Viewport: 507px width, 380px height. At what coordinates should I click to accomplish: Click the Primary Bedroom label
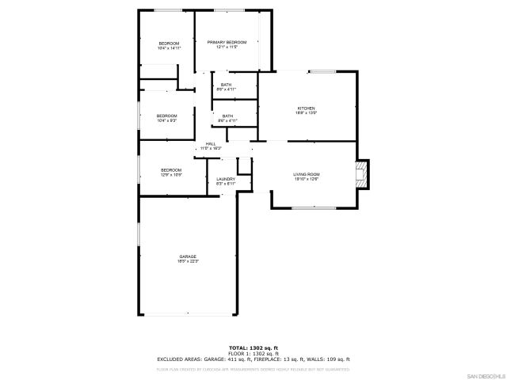click(227, 42)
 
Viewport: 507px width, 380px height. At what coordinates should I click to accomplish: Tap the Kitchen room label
click(307, 108)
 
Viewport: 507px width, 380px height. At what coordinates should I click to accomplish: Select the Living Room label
click(307, 174)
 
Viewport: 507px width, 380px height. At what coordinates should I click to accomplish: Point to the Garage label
click(188, 256)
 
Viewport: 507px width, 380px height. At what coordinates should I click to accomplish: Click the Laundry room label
click(226, 180)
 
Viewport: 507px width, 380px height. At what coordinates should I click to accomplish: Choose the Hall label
click(211, 143)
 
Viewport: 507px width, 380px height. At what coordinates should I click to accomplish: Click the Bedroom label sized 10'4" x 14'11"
click(169, 43)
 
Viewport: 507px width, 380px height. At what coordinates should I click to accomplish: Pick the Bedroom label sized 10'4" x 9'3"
click(166, 116)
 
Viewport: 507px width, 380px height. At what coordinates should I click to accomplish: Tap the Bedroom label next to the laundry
click(171, 170)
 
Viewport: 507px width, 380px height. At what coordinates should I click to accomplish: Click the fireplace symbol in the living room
click(363, 174)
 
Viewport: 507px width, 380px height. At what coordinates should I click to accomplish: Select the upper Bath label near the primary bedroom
click(227, 85)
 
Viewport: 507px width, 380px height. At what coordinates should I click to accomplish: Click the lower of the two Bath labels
click(227, 116)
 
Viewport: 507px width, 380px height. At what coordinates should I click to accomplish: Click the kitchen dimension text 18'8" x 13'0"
click(307, 112)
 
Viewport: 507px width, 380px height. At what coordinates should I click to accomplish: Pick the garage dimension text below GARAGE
click(188, 261)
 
